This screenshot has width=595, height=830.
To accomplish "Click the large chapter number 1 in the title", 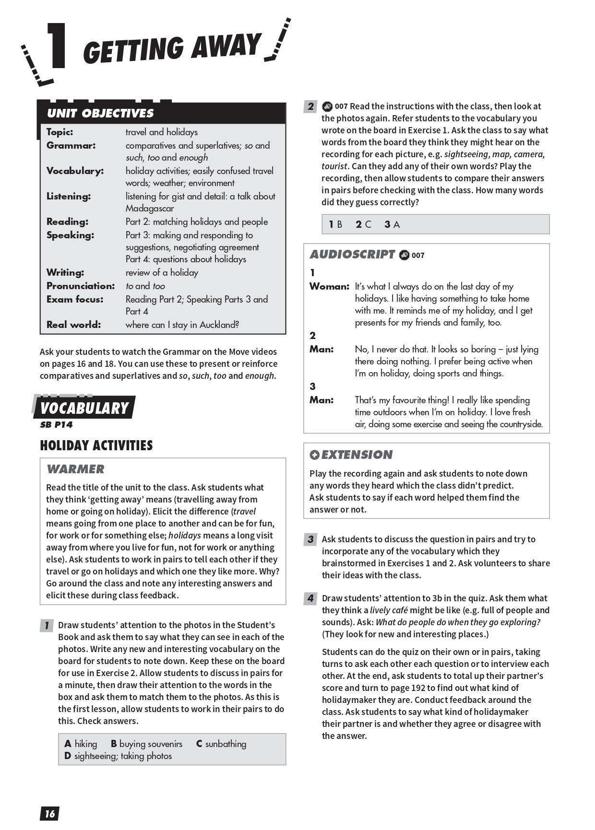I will coord(56,46).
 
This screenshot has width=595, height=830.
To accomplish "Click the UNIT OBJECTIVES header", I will coord(100,113).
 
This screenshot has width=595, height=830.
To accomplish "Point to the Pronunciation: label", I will coord(81,286).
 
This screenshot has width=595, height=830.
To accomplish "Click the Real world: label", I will coord(73,325).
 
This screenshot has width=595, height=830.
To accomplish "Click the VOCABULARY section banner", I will coord(84,408).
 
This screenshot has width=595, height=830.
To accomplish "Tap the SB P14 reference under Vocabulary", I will coord(56,424).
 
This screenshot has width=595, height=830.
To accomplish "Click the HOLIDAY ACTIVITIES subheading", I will coord(96,445).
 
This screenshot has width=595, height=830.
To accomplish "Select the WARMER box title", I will coord(75,469).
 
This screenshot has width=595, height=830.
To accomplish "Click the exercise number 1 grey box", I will coord(47,625).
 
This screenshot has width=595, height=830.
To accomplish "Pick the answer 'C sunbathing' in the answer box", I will coord(221,744).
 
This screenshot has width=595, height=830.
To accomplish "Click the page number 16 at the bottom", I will coord(49,813).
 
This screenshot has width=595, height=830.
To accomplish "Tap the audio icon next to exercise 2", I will coord(327,106).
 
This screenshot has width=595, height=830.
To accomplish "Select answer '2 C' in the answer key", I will coord(363,224).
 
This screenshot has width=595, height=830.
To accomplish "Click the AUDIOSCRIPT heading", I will coord(352,255).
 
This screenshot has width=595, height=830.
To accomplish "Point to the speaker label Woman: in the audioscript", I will coord(329,286).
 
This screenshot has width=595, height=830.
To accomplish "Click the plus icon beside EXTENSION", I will coord(314,455).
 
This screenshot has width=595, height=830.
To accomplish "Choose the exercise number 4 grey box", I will coord(310,598).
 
